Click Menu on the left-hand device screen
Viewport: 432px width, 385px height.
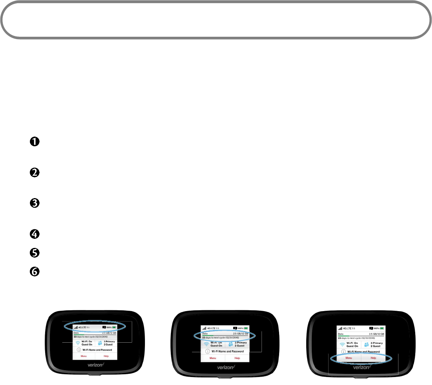84,355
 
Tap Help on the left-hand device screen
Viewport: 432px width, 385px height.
106,355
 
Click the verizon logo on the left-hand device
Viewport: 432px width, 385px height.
95,365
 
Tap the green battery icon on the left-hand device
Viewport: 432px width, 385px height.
114,327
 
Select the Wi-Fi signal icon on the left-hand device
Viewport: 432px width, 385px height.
77,343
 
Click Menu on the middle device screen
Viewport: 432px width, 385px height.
213,358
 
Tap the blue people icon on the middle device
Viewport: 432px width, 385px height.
230,344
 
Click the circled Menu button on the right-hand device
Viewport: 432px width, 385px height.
349,358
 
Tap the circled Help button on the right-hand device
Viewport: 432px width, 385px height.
374,358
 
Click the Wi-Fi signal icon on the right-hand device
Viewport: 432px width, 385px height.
343,343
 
